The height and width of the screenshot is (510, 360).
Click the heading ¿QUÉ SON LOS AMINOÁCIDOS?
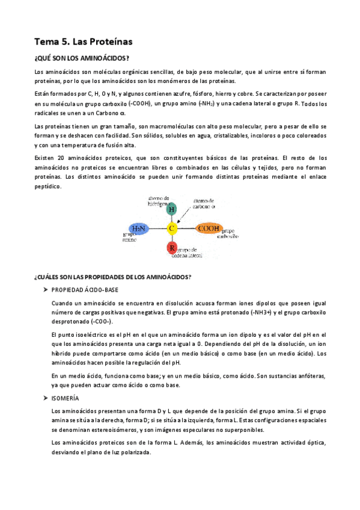tap(81, 58)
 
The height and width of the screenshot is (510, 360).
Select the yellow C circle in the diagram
tap(172, 229)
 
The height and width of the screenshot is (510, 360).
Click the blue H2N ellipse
tap(139, 229)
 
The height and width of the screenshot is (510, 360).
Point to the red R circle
tap(172, 247)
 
